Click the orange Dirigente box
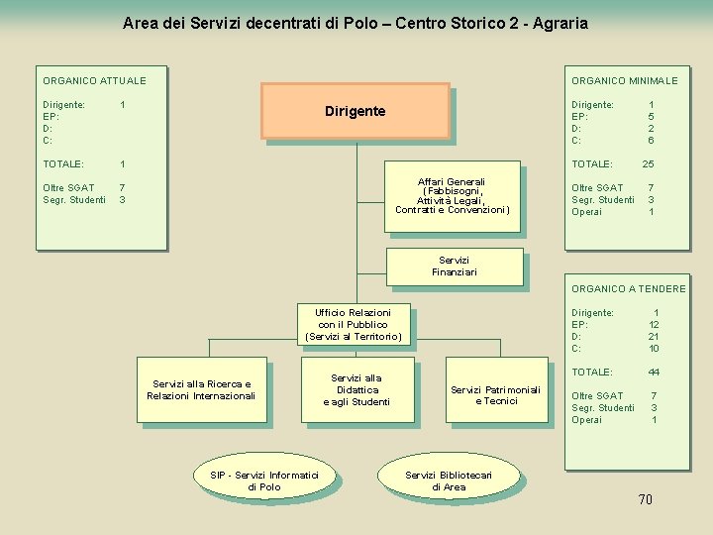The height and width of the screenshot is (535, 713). tap(355, 111)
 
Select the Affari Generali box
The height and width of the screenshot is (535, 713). tap(452, 195)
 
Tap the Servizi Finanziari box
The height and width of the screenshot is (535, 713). tap(454, 267)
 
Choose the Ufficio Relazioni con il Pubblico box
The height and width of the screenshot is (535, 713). tap(354, 325)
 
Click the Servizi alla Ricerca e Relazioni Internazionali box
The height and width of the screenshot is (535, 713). tap(201, 390)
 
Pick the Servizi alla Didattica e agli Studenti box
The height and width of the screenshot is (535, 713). tap(356, 389)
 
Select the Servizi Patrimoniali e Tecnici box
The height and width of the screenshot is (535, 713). tap(496, 395)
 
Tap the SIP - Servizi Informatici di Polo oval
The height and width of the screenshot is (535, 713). tap(264, 481)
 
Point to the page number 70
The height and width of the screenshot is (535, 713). tap(645, 499)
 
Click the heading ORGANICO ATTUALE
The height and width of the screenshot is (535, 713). tap(94, 80)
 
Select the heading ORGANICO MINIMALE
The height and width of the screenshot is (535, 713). tap(624, 80)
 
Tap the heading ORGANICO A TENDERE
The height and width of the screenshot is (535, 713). tap(628, 288)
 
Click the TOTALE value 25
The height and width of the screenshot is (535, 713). tap(649, 163)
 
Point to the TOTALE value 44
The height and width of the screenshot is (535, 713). tap(654, 372)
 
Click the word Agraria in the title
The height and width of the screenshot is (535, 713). tap(560, 22)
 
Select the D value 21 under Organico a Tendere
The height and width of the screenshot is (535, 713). tap(654, 336)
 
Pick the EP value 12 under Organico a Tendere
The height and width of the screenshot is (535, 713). tap(654, 324)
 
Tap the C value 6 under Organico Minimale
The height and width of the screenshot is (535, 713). tap(651, 140)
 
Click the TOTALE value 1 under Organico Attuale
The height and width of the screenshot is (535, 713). tap(122, 163)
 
